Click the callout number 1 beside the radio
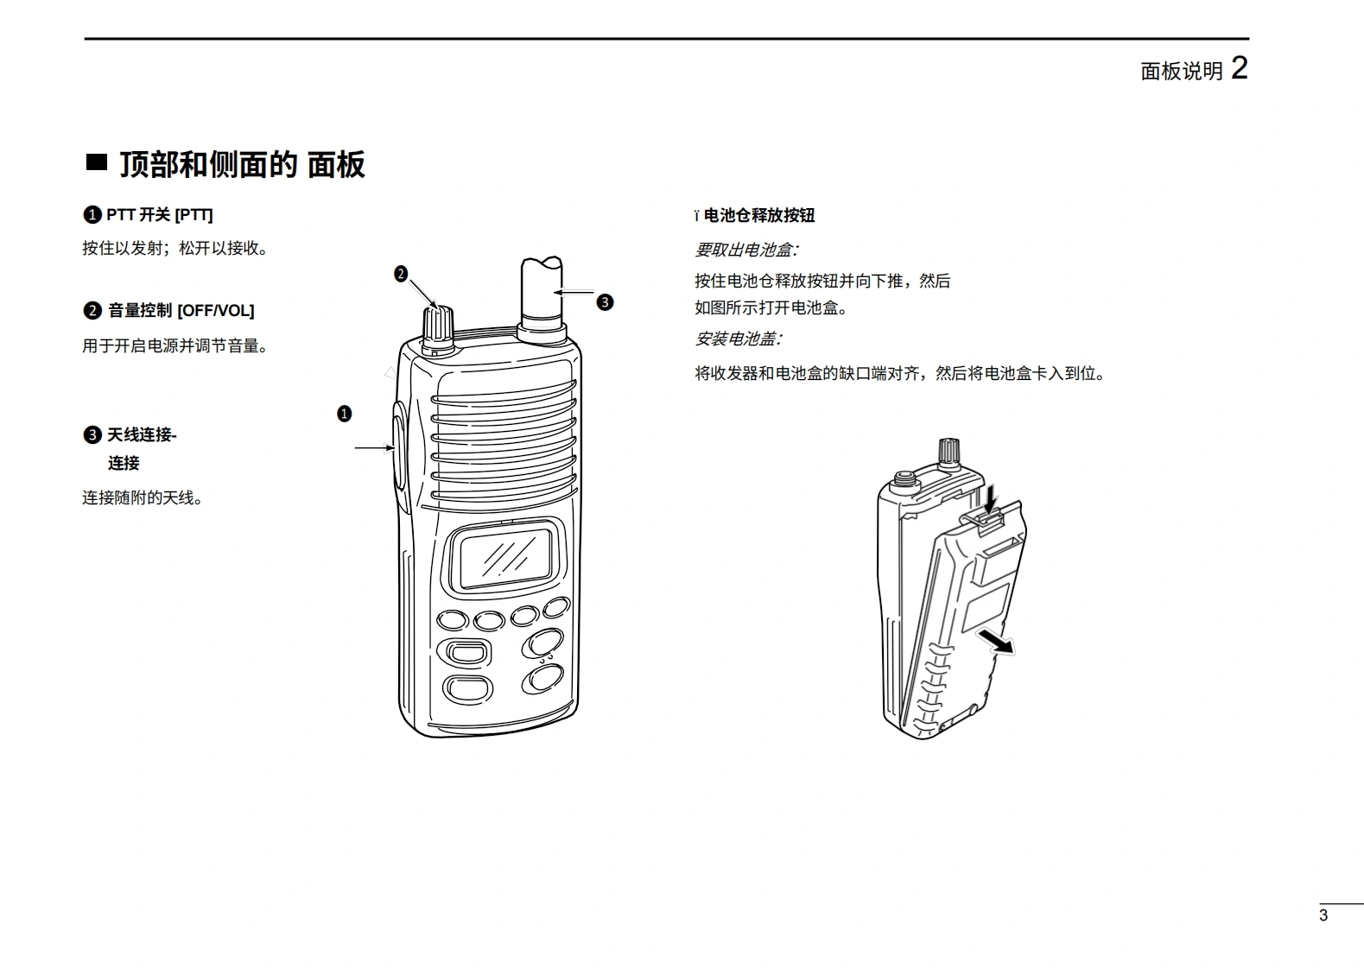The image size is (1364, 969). click(344, 414)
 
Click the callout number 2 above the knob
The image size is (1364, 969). click(401, 274)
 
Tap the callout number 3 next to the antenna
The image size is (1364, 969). click(605, 302)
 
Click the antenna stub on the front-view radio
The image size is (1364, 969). click(542, 298)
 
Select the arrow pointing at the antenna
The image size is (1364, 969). click(574, 292)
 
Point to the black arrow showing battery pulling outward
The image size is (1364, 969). click(996, 642)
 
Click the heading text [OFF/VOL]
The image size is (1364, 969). click(216, 311)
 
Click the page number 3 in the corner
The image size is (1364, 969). click(1323, 915)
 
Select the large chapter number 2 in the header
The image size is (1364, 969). click(1239, 67)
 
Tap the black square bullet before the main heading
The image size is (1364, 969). click(96, 162)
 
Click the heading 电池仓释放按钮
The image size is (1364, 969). click(759, 215)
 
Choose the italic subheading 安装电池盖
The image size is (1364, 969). click(738, 339)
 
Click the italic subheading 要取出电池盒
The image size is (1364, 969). click(746, 250)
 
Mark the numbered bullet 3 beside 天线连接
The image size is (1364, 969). click(92, 434)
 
